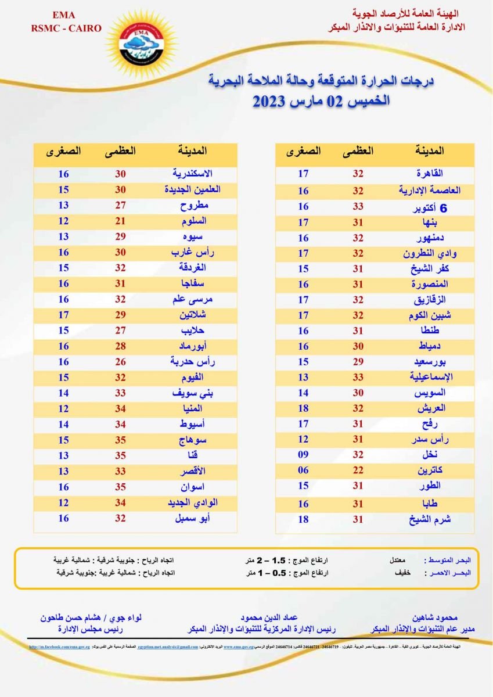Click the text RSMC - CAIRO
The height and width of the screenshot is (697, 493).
pos(67,28)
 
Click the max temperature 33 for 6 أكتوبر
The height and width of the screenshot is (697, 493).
pos(358,207)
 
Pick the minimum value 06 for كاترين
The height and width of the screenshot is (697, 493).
pos(304,470)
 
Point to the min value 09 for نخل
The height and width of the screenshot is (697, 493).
pos(304,455)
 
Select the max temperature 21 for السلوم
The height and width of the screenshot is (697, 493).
pos(120,221)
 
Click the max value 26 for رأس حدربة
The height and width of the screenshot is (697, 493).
pos(120,362)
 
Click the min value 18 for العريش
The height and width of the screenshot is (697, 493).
pos(304,408)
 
